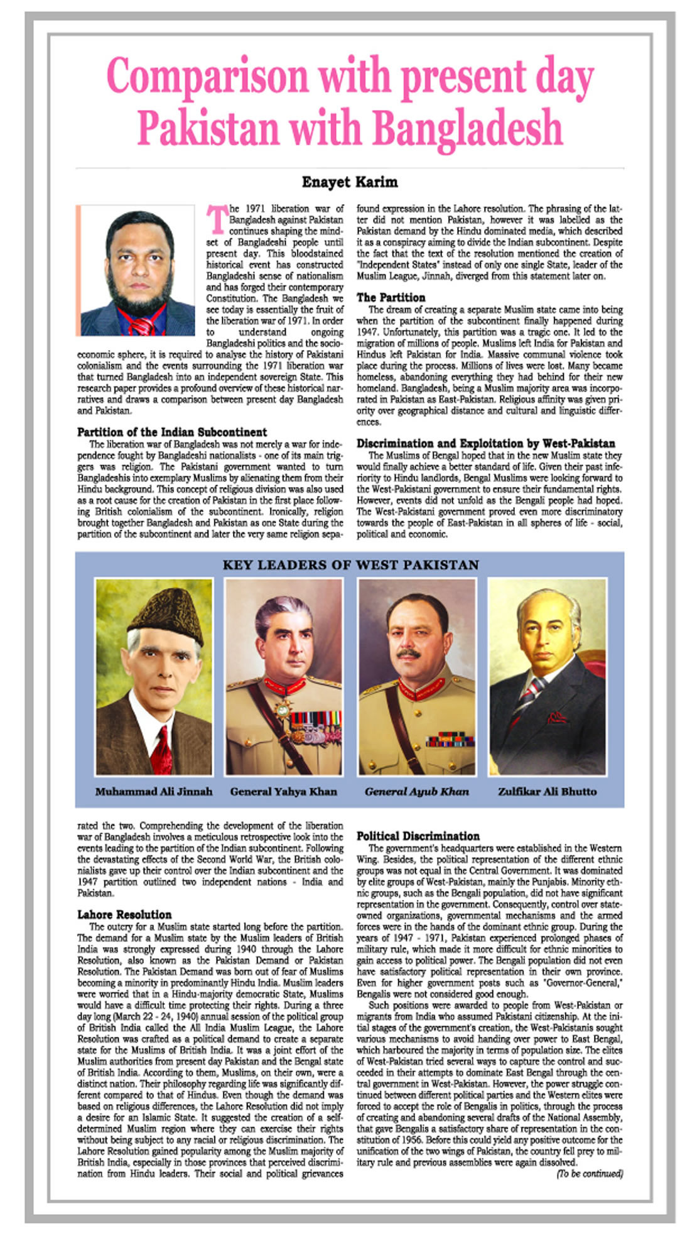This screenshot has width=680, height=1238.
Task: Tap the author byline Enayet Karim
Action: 350,182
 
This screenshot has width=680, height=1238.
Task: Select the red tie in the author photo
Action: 143,326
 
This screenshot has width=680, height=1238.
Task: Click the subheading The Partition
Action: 391,297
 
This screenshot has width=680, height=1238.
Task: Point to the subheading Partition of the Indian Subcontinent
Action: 172,432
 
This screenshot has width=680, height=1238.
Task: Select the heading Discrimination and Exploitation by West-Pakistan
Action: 485,443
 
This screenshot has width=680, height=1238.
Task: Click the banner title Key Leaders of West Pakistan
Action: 350,565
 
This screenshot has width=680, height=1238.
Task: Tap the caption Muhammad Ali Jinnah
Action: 154,791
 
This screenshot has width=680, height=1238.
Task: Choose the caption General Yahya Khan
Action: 283,791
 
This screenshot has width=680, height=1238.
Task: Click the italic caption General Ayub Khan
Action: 417,791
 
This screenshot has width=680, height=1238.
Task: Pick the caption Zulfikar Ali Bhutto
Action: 547,791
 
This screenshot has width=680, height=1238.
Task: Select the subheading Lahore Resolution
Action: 124,914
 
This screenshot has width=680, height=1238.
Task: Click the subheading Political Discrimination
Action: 418,836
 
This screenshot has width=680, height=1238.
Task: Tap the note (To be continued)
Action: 590,1173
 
